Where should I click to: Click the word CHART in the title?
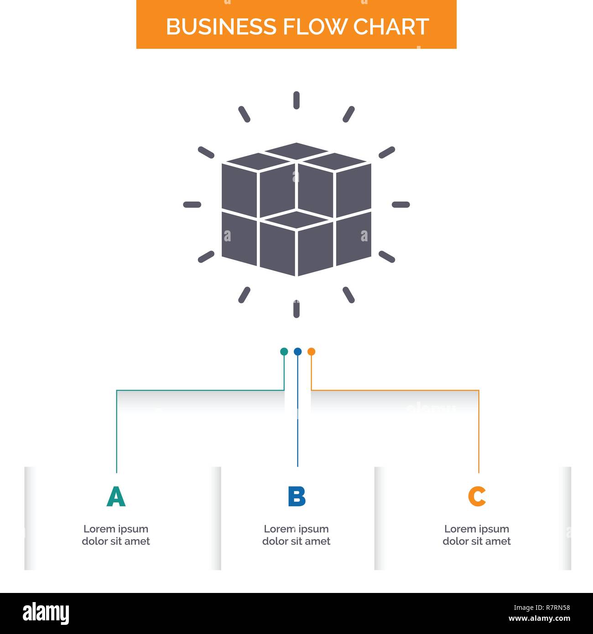click(391, 27)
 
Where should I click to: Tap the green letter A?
click(116, 497)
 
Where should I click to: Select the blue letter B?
click(296, 497)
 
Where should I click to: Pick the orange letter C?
click(477, 497)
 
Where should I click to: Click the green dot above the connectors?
click(284, 352)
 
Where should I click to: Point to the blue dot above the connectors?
click(297, 352)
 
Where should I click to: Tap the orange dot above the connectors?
click(311, 352)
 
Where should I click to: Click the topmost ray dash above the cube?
click(296, 100)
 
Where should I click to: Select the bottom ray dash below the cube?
click(296, 309)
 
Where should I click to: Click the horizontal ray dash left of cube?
click(192, 204)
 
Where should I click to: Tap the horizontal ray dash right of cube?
click(401, 204)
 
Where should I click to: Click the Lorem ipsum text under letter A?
click(116, 535)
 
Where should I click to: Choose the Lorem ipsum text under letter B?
click(296, 535)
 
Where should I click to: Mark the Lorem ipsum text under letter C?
click(477, 535)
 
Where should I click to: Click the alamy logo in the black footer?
click(46, 613)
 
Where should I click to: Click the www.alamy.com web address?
click(539, 619)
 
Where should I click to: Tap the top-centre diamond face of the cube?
click(296, 151)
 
